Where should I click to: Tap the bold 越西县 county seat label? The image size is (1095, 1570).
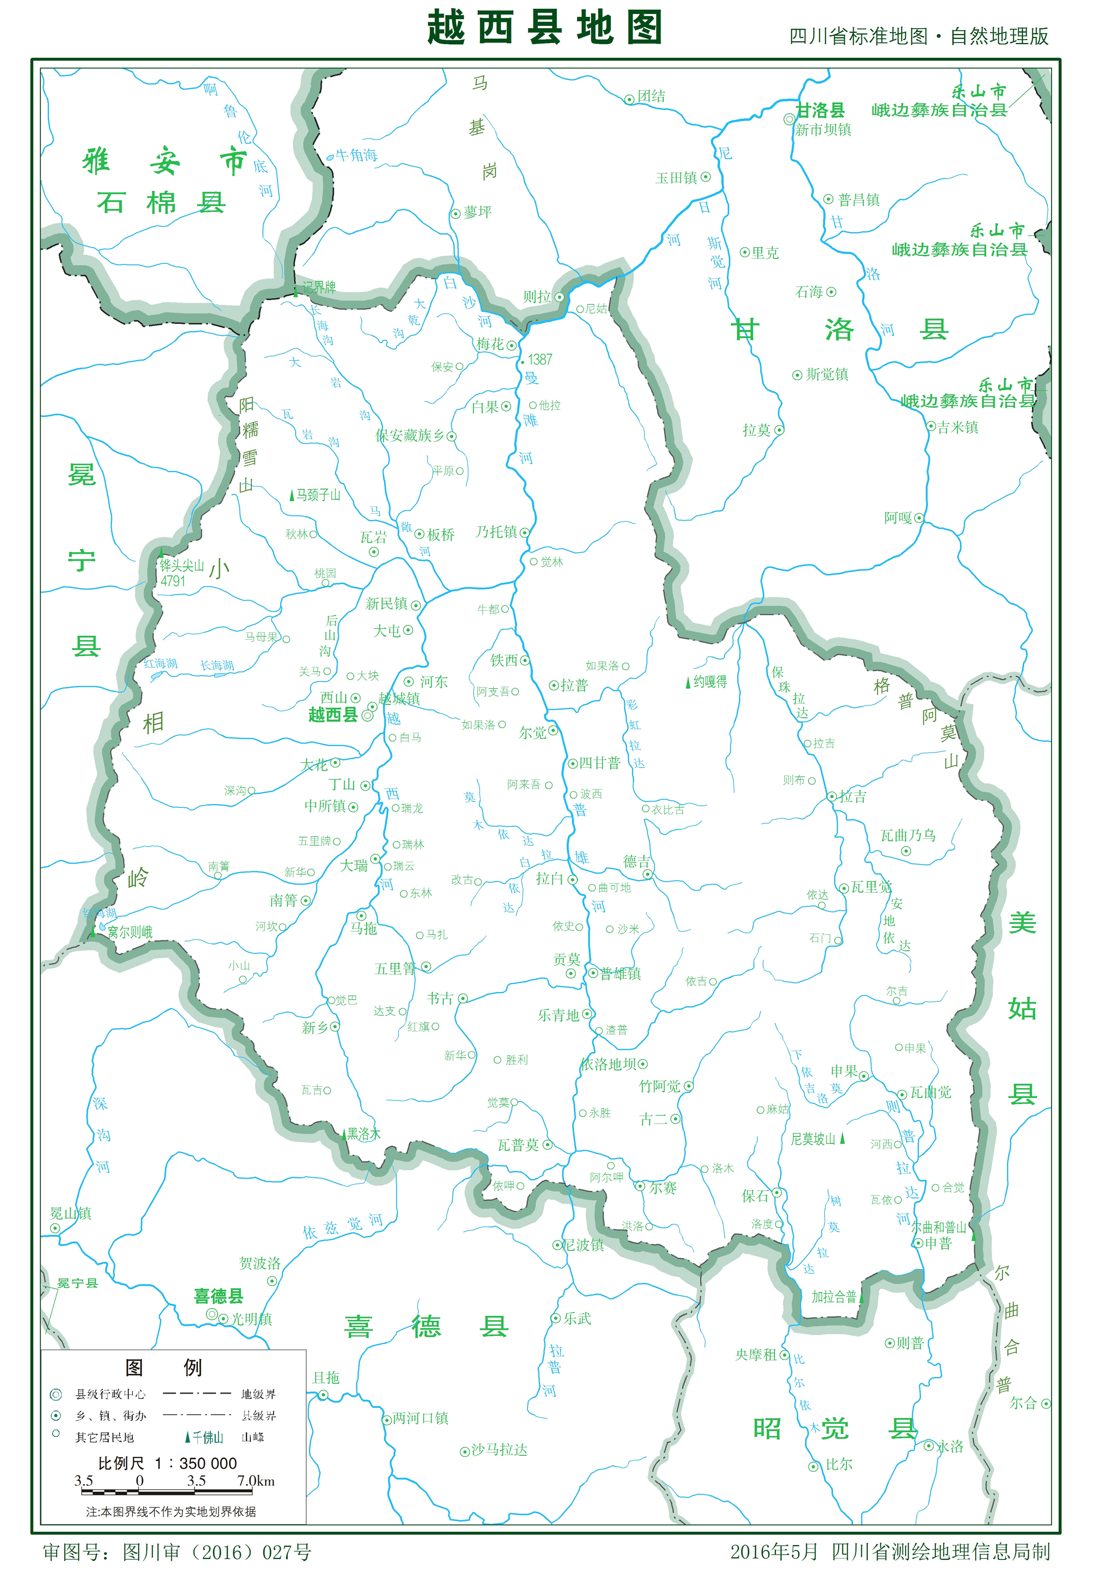coord(333,715)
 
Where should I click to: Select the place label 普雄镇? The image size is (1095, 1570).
coord(620,974)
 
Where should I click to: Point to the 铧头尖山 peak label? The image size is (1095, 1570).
coord(182,565)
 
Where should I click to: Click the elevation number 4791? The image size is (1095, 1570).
coord(173,581)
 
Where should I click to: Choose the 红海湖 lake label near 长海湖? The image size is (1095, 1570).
coord(161,663)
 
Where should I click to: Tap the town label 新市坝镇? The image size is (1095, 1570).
coord(823,130)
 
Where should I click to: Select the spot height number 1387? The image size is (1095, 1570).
coord(539,360)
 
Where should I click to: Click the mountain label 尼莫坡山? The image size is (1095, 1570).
coord(813,1139)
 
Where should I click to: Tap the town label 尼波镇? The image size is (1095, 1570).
coord(583,1245)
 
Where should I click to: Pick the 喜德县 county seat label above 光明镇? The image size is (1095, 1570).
coord(218,1296)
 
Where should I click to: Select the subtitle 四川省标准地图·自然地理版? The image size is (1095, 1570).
coord(918,36)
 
